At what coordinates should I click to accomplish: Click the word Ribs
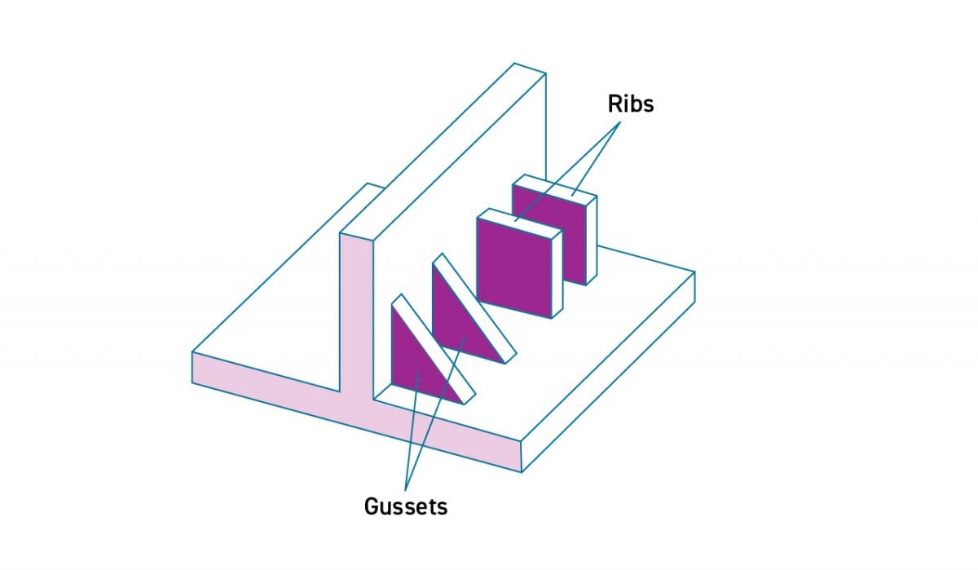click(631, 104)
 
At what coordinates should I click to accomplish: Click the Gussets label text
click(405, 506)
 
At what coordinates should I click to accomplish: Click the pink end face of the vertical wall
click(356, 318)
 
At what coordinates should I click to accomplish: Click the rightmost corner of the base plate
click(694, 272)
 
